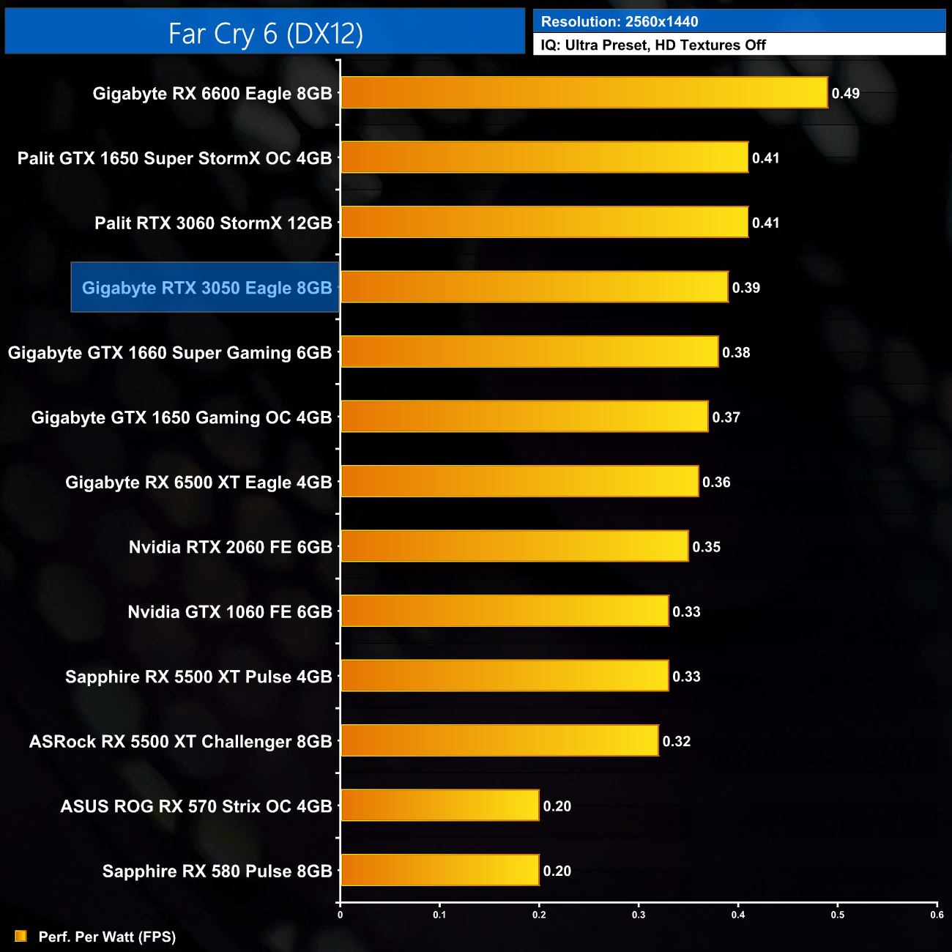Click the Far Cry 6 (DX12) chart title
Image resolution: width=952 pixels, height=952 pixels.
coord(265,33)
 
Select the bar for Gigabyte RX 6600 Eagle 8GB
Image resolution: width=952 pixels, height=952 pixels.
coord(584,93)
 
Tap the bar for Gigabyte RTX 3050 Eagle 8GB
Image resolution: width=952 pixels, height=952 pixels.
coord(535,287)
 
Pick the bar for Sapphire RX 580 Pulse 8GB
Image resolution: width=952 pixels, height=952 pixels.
coord(439,870)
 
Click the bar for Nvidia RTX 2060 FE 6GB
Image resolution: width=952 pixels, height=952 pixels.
coord(515,546)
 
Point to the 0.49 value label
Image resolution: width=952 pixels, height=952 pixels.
coord(845,93)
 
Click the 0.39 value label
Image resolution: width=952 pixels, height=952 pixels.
coord(745,287)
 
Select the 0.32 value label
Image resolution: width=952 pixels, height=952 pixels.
coord(676,741)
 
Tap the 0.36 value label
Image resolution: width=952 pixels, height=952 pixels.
coord(715,482)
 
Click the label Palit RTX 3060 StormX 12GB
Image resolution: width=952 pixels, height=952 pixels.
coord(213,223)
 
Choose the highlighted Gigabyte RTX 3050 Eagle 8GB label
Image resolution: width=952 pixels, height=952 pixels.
coord(207,287)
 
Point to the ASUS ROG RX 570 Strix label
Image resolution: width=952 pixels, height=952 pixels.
coord(196,806)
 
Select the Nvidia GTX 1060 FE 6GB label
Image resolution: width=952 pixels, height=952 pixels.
coord(230,611)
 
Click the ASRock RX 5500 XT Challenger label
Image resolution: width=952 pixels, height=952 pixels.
coord(180,741)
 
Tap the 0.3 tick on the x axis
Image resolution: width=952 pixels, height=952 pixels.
coord(639,914)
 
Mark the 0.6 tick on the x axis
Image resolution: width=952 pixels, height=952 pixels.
coord(937,914)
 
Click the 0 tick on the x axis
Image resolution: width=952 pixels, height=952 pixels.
coord(340,914)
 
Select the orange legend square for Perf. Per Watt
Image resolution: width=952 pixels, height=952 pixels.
coord(21,936)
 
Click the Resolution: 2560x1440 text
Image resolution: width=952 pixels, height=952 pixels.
coord(619,21)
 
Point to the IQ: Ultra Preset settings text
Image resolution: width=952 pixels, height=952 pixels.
coord(652,45)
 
